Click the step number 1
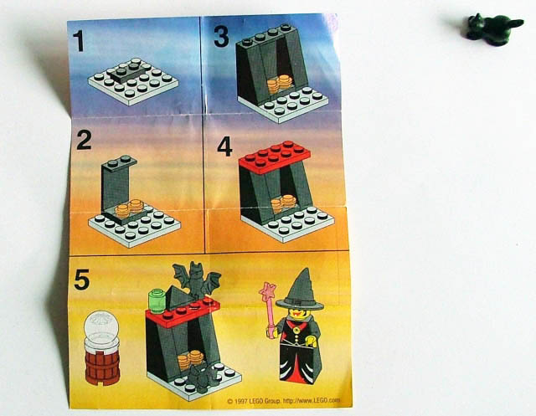(79, 41)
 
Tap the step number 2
(84, 140)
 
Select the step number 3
(221, 37)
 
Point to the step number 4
(224, 146)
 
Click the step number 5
(82, 280)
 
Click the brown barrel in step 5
(102, 367)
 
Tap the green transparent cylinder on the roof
(157, 300)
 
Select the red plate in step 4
(275, 157)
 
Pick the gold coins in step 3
(280, 84)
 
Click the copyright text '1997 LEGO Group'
(254, 401)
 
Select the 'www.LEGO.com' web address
(312, 400)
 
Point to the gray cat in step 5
(203, 376)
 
